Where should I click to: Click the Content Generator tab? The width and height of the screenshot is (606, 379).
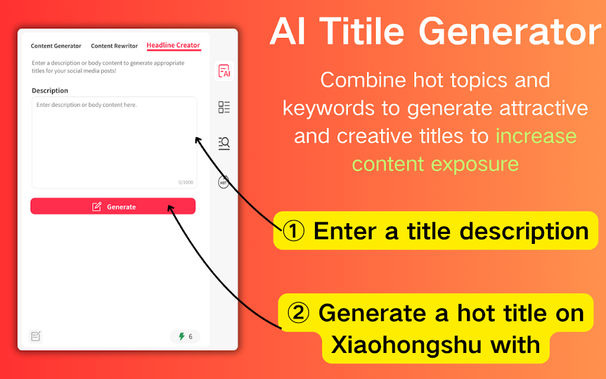click(56, 46)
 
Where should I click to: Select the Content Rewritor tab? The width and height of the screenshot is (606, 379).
click(114, 46)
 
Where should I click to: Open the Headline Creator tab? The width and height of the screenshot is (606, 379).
click(173, 45)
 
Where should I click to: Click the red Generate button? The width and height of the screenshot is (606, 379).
click(113, 206)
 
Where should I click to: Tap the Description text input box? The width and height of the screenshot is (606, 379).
click(114, 142)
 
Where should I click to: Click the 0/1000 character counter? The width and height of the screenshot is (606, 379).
click(186, 182)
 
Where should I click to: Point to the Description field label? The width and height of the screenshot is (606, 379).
click(50, 91)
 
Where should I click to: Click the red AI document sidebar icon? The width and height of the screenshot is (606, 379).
click(224, 71)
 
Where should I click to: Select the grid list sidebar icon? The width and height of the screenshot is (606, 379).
click(224, 107)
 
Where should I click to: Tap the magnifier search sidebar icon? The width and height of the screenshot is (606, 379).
click(224, 143)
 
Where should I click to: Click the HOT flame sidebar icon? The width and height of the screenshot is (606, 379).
click(223, 181)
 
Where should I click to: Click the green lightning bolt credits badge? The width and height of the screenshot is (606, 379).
click(185, 336)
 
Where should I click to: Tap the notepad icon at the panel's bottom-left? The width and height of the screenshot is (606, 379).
click(36, 336)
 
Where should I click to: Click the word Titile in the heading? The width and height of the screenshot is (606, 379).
click(362, 31)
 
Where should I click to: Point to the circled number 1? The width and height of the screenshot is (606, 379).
click(294, 231)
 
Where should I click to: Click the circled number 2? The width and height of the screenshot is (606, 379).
click(298, 313)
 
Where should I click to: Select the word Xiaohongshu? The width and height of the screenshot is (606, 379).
click(406, 345)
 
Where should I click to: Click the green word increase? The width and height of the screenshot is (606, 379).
click(536, 136)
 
